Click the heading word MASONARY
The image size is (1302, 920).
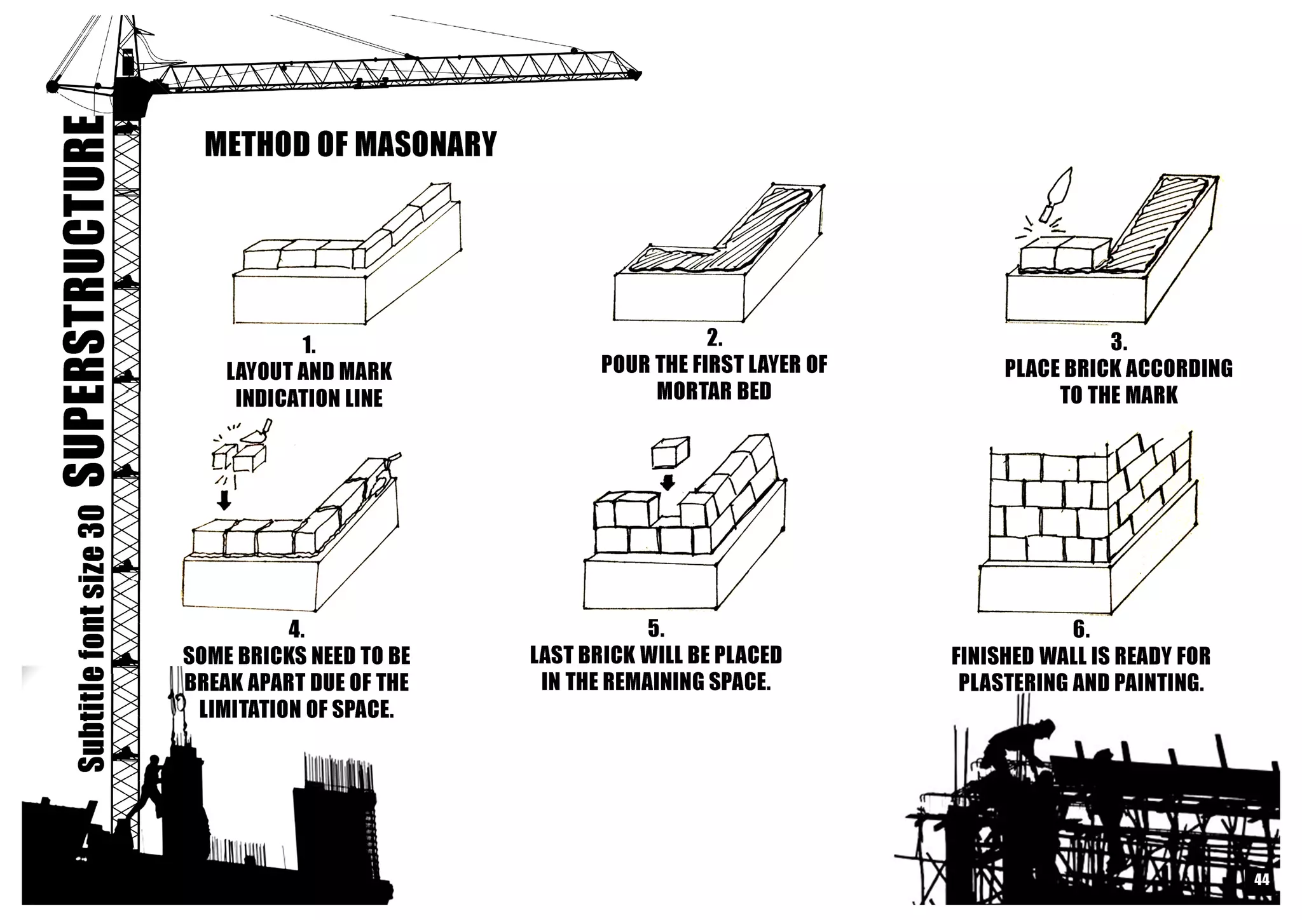[x=425, y=144]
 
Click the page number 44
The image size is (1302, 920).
[x=1261, y=879]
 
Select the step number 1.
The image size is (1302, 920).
[x=309, y=346]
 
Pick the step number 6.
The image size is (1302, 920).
[x=1081, y=629]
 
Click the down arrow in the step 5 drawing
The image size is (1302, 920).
[x=667, y=482]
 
